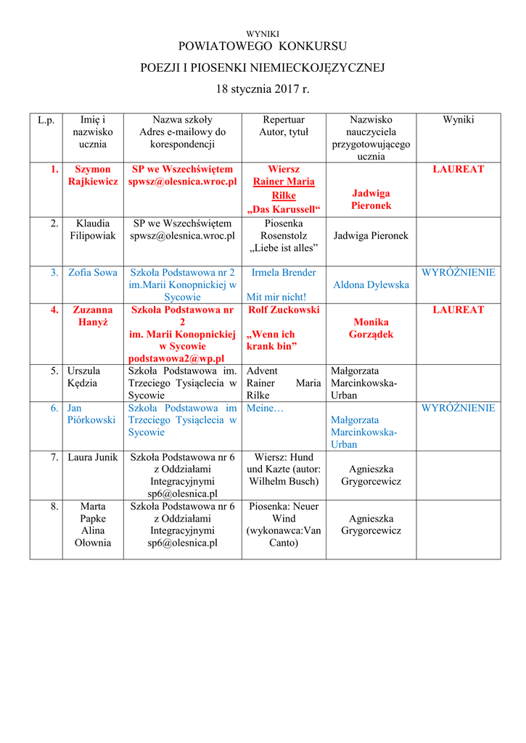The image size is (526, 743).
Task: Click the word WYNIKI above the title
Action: pos(263,34)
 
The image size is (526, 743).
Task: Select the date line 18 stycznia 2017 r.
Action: pos(263,89)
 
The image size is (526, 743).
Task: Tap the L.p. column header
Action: pos(46,120)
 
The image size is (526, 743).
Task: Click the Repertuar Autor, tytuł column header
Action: pos(284,126)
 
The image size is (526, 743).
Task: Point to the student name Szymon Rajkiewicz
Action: pos(93,175)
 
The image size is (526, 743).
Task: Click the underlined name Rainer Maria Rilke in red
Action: pos(284,188)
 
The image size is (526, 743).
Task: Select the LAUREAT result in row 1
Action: pos(458,169)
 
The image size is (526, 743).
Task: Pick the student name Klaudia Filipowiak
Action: pos(93,229)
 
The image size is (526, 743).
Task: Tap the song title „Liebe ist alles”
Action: pos(284,248)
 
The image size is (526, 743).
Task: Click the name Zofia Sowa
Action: pos(93,273)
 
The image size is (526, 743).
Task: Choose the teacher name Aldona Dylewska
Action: pos(371,285)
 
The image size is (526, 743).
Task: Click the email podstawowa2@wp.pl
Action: pos(182,358)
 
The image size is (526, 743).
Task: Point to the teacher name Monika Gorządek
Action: pos(371,328)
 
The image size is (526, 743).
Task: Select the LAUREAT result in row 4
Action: pos(458,310)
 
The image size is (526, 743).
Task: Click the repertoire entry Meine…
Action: pos(266,408)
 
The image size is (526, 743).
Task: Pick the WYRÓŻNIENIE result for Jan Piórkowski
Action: pos(458,408)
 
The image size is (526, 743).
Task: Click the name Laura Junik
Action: pos(93,457)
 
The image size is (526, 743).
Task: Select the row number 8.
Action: pos(54,506)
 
